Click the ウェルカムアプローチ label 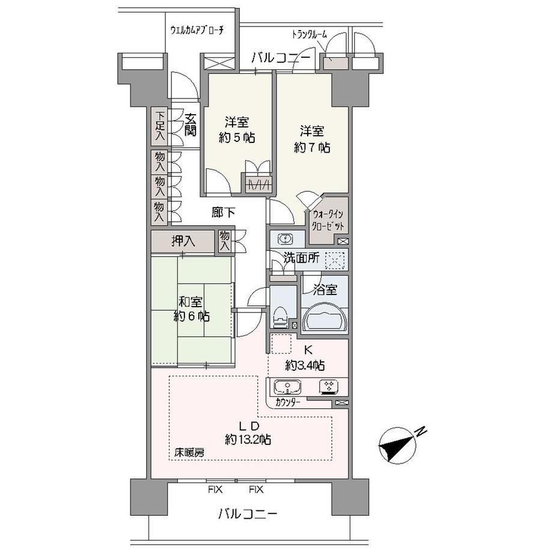tap(197, 30)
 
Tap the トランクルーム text tap(310, 35)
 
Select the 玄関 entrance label tap(191, 124)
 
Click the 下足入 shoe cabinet tap(160, 126)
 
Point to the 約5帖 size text tap(237, 138)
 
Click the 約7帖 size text tap(312, 147)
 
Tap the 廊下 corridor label tap(223, 212)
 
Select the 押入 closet tap(183, 242)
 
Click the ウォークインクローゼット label tap(328, 220)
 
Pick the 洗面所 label tap(302, 258)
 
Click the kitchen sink tap(287, 387)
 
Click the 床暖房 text tap(189, 453)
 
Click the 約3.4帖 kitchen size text tap(305, 365)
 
